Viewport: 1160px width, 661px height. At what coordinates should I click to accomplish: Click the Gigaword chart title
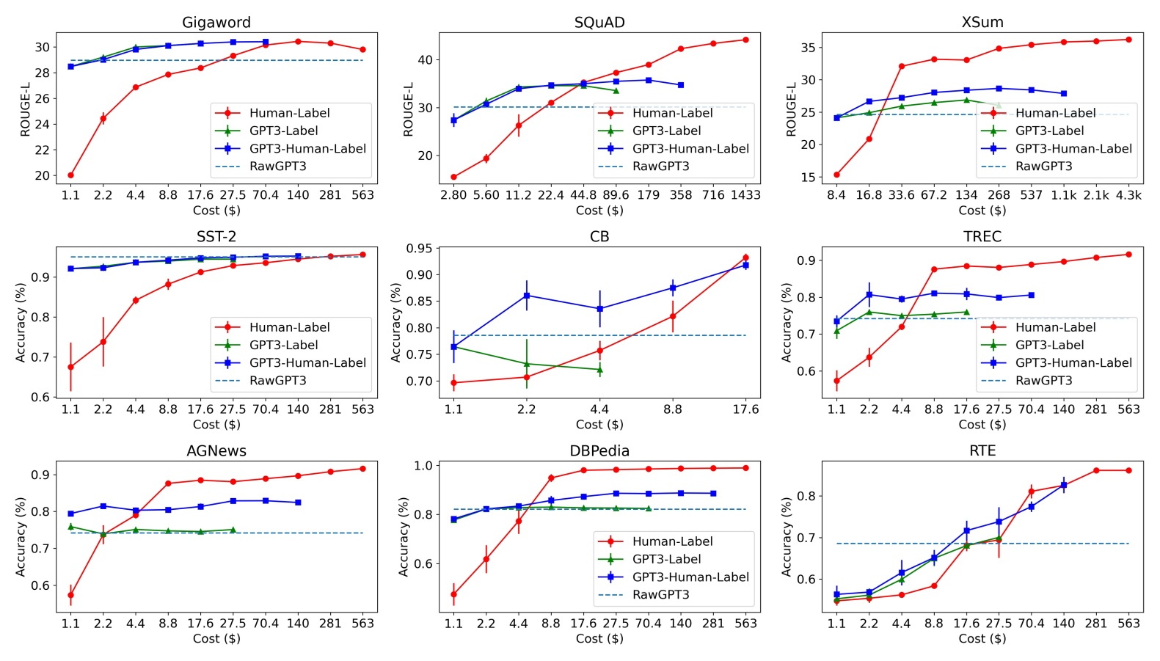click(216, 22)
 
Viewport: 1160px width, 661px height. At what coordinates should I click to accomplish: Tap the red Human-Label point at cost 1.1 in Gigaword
click(70, 175)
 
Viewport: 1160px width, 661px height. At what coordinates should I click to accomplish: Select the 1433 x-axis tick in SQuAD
click(745, 195)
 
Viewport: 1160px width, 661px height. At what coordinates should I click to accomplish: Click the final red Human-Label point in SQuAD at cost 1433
click(745, 40)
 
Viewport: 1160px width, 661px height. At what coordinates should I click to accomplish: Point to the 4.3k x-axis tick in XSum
click(1128, 195)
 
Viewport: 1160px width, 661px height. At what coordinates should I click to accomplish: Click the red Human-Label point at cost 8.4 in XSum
click(836, 175)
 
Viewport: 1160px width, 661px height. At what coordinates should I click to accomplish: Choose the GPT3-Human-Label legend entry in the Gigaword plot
click(307, 148)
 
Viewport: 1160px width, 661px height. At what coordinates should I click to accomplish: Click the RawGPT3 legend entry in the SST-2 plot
click(277, 380)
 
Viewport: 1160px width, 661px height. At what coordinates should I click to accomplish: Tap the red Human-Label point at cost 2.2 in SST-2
click(103, 342)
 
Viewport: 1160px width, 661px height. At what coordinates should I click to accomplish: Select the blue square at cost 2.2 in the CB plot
click(526, 296)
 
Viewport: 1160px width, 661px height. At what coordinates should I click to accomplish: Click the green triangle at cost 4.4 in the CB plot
click(599, 369)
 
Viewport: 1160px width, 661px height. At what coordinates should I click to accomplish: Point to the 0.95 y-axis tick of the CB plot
click(419, 249)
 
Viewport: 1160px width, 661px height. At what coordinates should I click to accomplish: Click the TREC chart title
click(982, 236)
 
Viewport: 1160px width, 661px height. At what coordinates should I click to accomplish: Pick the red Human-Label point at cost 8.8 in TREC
click(934, 269)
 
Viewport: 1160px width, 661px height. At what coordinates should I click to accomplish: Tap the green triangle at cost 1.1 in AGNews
click(70, 527)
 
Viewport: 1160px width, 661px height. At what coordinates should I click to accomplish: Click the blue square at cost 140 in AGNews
click(298, 503)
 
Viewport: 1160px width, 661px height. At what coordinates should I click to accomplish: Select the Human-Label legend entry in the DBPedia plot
click(672, 541)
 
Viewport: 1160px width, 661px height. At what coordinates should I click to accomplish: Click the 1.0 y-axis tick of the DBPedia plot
click(423, 466)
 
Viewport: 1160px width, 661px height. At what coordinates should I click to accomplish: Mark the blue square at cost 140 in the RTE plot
click(1063, 485)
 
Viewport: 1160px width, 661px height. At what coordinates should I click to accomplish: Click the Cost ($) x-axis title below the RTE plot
click(982, 638)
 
